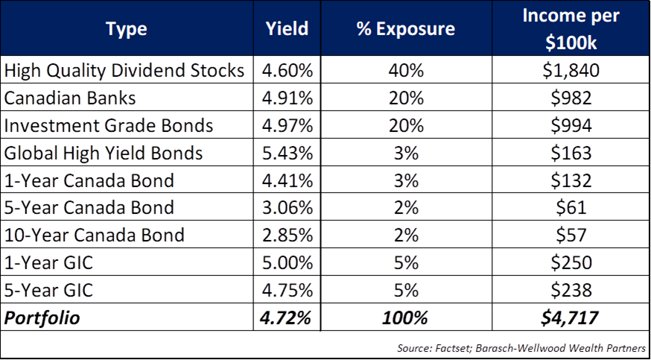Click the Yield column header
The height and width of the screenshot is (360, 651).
tap(287, 29)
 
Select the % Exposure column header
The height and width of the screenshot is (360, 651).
tap(407, 29)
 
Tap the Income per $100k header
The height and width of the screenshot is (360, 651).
tap(571, 28)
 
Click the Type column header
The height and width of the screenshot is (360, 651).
tap(127, 29)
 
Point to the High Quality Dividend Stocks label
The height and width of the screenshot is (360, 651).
tap(124, 71)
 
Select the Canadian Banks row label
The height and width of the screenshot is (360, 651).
tap(70, 98)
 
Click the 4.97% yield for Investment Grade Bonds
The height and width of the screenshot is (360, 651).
tap(287, 126)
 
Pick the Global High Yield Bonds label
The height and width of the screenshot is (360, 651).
tap(103, 154)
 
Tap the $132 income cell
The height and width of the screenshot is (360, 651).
tap(571, 181)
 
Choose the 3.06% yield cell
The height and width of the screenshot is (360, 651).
tap(287, 208)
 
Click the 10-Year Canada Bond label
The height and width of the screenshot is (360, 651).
tap(94, 236)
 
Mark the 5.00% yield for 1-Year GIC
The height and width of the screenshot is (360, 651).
tap(287, 263)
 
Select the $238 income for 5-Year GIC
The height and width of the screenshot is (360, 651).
tap(571, 291)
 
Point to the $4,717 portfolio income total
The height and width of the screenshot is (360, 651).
tap(571, 318)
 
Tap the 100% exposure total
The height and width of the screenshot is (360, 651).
tap(407, 318)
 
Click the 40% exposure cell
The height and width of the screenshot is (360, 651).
tap(407, 71)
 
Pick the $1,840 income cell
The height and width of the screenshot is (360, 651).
tap(571, 71)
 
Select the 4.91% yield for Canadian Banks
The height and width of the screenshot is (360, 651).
tap(287, 98)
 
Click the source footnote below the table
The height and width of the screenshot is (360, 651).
tap(521, 347)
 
